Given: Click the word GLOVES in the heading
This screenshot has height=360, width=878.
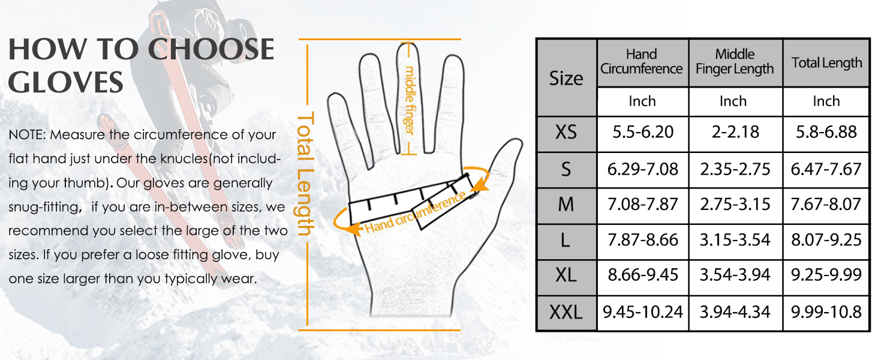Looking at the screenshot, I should pos(66,82).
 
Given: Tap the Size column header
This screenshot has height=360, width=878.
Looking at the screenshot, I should pos(566,78).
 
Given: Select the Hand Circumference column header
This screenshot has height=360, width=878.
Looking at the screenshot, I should pos(642,62).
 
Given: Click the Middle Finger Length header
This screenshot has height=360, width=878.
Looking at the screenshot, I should pos(735,62).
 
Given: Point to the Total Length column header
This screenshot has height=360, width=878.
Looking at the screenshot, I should pos(826,63).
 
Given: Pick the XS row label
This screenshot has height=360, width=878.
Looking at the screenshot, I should pos(566,133).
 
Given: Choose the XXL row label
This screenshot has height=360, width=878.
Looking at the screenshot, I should pos(566,312).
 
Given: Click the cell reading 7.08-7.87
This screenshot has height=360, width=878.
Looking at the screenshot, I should pos(643,205).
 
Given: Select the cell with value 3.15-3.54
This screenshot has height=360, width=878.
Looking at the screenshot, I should pos(735,240).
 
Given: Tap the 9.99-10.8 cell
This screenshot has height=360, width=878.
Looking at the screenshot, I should pos(826,312).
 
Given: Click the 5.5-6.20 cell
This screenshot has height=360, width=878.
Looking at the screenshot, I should pos(643,133).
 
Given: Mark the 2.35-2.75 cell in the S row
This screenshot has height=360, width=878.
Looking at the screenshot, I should pos(735,169).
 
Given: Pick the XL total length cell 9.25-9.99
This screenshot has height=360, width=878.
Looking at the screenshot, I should pos(826,275).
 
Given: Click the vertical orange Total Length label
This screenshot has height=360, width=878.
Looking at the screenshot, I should pos(306,174).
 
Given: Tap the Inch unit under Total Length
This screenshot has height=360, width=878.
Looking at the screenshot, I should pos(826,101).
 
